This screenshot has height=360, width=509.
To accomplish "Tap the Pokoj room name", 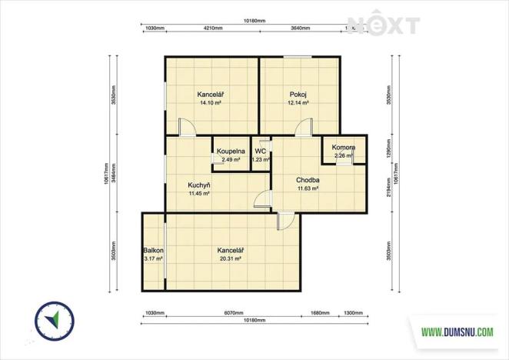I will [x=298, y=95].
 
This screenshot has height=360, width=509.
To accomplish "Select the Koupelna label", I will [x=231, y=151].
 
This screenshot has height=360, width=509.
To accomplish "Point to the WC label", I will [x=261, y=152].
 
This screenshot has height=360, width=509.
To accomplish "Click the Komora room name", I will [x=343, y=147].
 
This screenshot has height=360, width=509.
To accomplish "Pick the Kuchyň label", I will [x=200, y=185].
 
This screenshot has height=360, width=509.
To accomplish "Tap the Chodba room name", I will [x=308, y=180].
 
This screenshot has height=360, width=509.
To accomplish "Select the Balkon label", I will [x=152, y=251].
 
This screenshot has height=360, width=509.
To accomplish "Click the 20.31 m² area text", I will [x=230, y=259].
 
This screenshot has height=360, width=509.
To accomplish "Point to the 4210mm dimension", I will [x=213, y=28].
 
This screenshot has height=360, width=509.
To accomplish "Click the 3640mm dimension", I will [x=301, y=28].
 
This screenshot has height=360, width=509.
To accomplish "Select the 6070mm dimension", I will [x=232, y=313].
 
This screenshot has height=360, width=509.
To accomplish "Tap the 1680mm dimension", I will [x=320, y=313].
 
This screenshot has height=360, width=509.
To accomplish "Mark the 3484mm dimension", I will [x=114, y=174].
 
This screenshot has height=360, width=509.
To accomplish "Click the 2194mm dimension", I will [x=388, y=190].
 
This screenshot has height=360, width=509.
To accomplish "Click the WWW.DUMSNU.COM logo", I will [x=457, y=332].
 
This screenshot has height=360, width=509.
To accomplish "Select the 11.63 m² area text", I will [x=308, y=188].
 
